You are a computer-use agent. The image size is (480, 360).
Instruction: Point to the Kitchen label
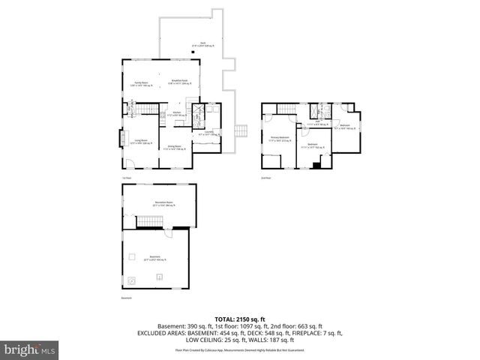pyautogui.click(x=178, y=113)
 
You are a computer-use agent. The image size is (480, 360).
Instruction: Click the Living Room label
pyautogui.click(x=140, y=140)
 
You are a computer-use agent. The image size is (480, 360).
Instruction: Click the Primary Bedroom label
pyautogui.click(x=280, y=138)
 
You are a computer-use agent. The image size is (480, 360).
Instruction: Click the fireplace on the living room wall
pyautogui.click(x=123, y=140)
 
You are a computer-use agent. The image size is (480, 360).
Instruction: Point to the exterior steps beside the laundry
pyautogui.click(x=241, y=131)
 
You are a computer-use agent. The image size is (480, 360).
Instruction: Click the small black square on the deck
pyautogui.click(x=193, y=52)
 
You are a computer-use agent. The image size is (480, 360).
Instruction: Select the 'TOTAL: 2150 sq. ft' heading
pyautogui.click(x=240, y=319)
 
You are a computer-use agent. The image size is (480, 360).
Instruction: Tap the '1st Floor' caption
pyautogui.click(x=125, y=178)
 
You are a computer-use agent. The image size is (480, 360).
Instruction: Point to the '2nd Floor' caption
pyautogui.click(x=265, y=178)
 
